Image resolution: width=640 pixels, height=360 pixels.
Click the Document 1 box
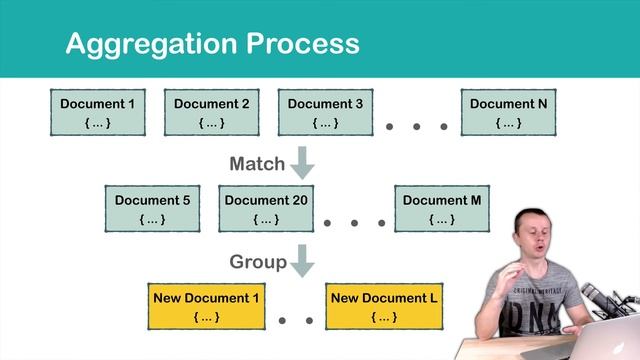click(x=96, y=112)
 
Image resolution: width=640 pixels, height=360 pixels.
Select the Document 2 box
click(x=211, y=112)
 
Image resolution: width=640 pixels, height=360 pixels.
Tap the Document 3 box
click(x=326, y=112)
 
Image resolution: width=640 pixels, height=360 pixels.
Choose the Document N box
click(x=508, y=112)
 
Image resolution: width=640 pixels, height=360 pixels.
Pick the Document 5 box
click(x=152, y=208)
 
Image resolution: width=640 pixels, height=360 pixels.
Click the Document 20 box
click(x=266, y=208)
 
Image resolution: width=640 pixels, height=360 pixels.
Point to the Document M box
click(x=442, y=208)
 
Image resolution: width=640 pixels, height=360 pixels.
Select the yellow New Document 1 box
click(x=205, y=306)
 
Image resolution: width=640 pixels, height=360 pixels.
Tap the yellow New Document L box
click(x=384, y=306)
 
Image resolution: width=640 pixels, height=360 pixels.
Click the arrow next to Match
click(x=302, y=163)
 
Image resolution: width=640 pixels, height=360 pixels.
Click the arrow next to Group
click(x=302, y=261)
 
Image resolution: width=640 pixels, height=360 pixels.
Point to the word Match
click(x=257, y=163)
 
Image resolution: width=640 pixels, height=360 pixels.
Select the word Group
click(x=258, y=262)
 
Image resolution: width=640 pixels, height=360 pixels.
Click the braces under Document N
click(x=508, y=123)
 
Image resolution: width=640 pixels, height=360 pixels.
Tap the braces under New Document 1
click(x=205, y=317)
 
